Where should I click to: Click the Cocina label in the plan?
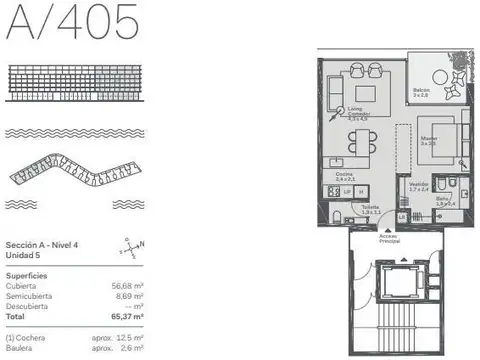coord(345,176)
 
